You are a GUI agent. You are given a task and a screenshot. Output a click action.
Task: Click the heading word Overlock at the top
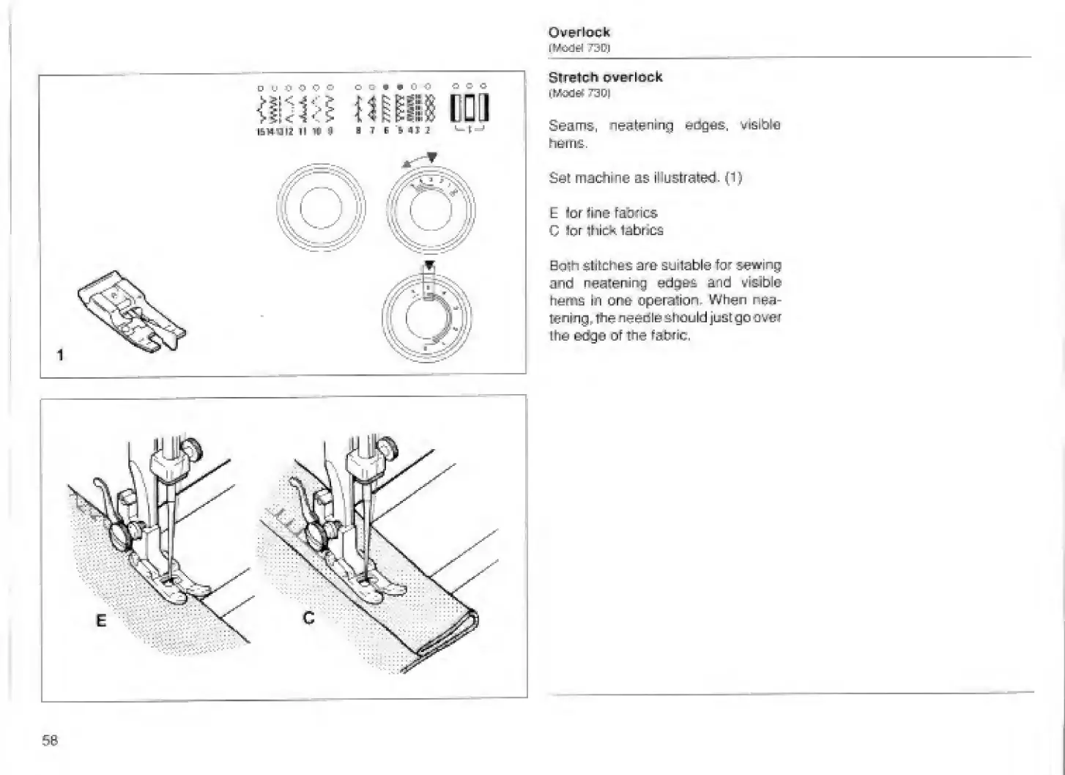pyautogui.click(x=579, y=32)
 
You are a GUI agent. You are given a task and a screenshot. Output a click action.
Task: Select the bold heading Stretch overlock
pyautogui.click(x=605, y=77)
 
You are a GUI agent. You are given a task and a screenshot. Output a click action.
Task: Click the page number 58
pyautogui.click(x=50, y=740)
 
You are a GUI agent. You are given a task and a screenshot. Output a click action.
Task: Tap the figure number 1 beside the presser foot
pyautogui.click(x=61, y=355)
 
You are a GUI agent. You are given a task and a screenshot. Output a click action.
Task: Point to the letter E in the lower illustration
pyautogui.click(x=101, y=620)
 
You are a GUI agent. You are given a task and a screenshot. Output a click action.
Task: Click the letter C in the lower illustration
pyautogui.click(x=309, y=618)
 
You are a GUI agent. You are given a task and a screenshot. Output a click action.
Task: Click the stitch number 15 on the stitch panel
pyautogui.click(x=260, y=131)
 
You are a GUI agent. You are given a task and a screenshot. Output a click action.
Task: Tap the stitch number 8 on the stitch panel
pyautogui.click(x=358, y=131)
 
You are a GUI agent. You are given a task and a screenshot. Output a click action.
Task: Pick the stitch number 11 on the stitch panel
pyautogui.click(x=303, y=131)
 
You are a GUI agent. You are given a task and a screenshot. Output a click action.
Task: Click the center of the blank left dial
pyautogui.click(x=320, y=209)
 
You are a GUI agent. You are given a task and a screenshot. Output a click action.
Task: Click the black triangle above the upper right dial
pyautogui.click(x=432, y=157)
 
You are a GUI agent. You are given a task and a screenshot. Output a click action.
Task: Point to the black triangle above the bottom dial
pyautogui.click(x=429, y=265)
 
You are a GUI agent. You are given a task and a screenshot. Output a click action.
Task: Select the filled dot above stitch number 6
pyautogui.click(x=386, y=86)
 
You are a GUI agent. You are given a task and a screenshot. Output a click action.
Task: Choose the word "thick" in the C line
pyautogui.click(x=601, y=231)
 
